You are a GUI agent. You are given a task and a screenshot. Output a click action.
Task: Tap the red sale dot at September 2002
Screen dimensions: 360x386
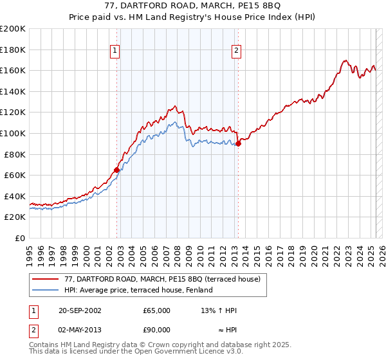[117, 170]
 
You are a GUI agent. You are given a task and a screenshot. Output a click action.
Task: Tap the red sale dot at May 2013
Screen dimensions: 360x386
[238, 144]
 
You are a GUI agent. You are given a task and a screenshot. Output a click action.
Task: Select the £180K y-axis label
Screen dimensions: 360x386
[13, 50]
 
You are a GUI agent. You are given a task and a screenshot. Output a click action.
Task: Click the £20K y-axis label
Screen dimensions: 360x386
[15, 217]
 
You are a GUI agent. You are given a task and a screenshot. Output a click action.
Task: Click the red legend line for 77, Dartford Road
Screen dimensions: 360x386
[44, 279]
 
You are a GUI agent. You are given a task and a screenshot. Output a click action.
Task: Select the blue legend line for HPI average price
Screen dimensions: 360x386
[44, 291]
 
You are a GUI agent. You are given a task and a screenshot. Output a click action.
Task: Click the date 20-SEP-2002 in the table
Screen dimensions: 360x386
[80, 310]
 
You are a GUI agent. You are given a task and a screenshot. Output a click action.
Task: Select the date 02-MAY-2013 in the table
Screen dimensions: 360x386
[80, 330]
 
